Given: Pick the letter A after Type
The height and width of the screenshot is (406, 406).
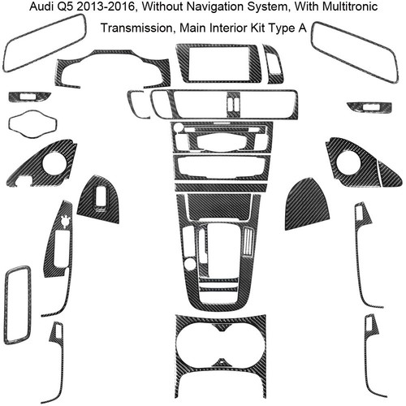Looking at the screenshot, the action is (302, 28).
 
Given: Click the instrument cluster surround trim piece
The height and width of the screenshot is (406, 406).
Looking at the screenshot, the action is (113, 67).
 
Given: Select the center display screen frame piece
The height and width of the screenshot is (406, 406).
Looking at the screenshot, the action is (218, 63).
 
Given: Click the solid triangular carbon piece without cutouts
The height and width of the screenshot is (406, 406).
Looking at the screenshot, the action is (307, 205).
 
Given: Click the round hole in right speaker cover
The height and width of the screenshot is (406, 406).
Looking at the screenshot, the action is (348, 163).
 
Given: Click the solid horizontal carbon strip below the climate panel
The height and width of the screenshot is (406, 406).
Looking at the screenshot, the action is (222, 188).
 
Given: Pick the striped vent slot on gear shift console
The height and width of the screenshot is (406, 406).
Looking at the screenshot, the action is (248, 241).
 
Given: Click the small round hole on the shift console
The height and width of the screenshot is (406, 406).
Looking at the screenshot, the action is (190, 264).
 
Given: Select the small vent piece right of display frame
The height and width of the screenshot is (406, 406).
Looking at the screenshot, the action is (274, 64).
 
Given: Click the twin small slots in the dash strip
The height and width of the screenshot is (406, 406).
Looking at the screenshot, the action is (234, 105).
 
